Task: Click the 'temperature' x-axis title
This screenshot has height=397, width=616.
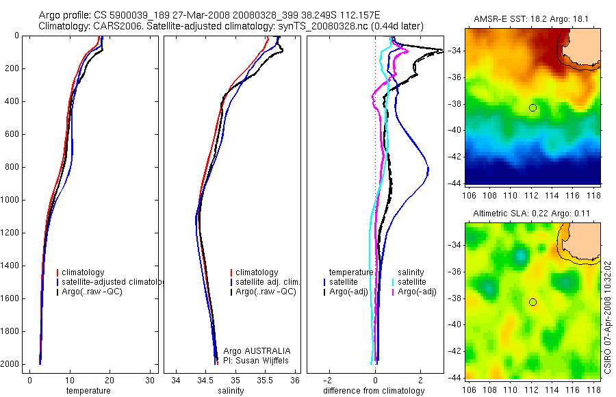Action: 88,391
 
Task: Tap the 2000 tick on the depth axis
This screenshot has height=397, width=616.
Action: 11,364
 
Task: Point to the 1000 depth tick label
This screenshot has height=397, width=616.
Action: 11,200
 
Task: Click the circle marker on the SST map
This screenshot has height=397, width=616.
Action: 532,108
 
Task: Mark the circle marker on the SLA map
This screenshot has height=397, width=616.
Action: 532,302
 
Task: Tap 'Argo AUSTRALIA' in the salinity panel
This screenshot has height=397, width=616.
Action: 253,350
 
